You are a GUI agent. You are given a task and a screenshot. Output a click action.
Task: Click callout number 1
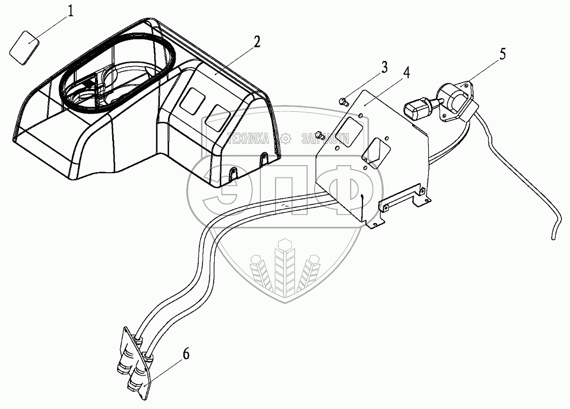[x=71, y=11]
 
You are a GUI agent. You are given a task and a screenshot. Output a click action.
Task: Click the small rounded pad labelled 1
[x=25, y=47]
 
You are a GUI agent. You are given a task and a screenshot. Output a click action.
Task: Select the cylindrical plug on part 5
[x=417, y=107]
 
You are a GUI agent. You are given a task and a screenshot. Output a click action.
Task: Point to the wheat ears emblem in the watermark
[x=284, y=267]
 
